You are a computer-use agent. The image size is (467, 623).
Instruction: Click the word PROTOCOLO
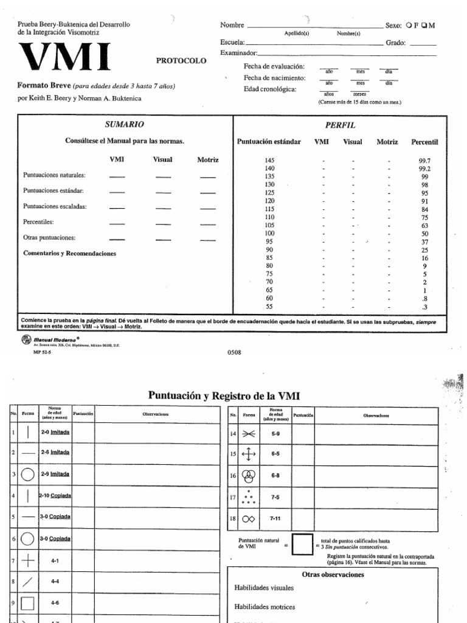pyautogui.click(x=181, y=61)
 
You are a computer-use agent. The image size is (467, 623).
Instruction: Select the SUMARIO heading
pyautogui.click(x=125, y=124)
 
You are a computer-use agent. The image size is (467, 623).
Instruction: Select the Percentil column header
pyautogui.click(x=424, y=142)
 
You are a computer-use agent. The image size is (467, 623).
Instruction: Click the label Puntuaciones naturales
pyautogui.click(x=55, y=175)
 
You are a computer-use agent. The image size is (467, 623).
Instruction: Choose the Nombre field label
pyautogui.click(x=232, y=26)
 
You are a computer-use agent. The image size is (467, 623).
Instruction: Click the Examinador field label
pyautogui.click(x=239, y=54)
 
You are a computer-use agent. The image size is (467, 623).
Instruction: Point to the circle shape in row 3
pyautogui.click(x=28, y=473)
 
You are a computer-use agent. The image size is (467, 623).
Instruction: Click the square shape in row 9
pyautogui.click(x=28, y=604)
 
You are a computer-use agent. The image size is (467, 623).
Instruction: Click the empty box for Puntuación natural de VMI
pyautogui.click(x=303, y=546)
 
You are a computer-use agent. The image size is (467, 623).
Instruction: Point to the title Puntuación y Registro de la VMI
pyautogui.click(x=224, y=395)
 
